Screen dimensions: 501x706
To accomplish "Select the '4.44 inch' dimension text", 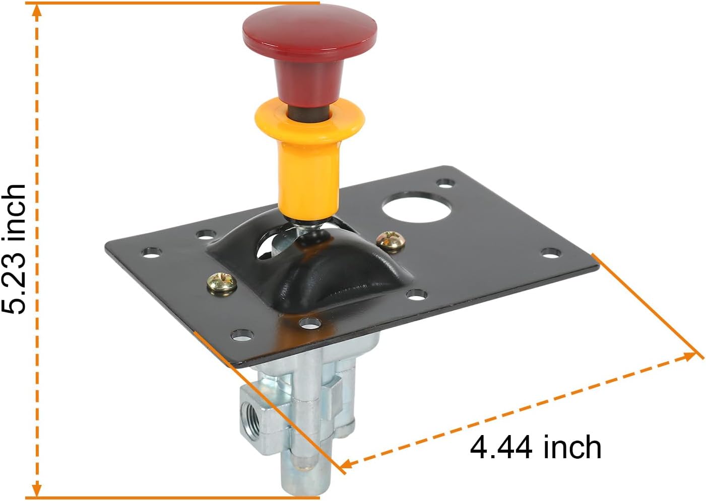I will [x=535, y=447].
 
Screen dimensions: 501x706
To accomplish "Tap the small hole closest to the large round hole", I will [x=444, y=182].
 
